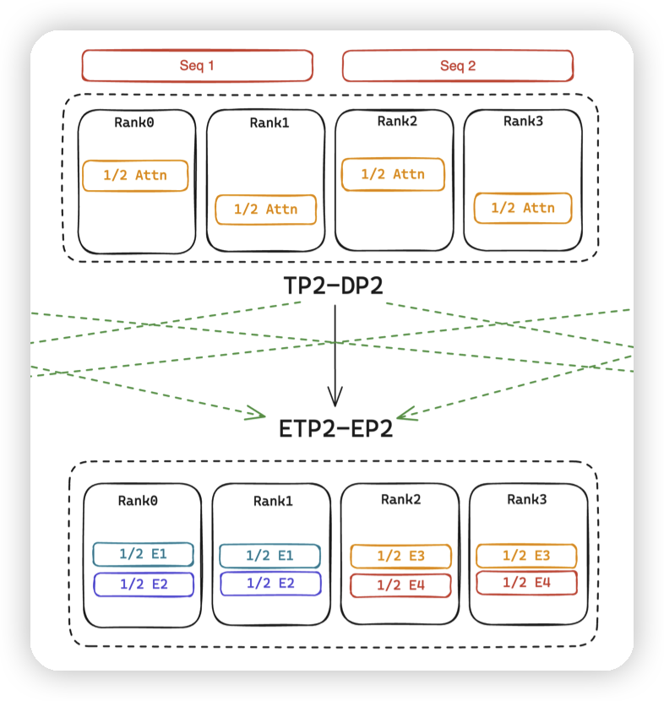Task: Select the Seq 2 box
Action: pyautogui.click(x=457, y=66)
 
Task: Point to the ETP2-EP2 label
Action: pyautogui.click(x=335, y=429)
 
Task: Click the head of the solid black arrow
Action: pyautogui.click(x=335, y=399)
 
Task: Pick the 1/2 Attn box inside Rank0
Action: pyautogui.click(x=135, y=176)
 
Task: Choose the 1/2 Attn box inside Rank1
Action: pyautogui.click(x=265, y=209)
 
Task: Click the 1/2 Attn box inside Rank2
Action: pyautogui.click(x=393, y=174)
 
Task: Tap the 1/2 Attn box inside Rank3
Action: pyautogui.click(x=522, y=208)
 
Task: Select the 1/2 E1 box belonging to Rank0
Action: pyautogui.click(x=143, y=554)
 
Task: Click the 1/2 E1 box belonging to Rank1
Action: pyautogui.click(x=269, y=555)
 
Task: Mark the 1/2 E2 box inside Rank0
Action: pyautogui.click(x=143, y=584)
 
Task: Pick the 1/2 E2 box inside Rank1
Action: pyautogui.click(x=270, y=584)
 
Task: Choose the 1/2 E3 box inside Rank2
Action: pyautogui.click(x=400, y=556)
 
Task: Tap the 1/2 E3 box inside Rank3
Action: pyautogui.click(x=526, y=555)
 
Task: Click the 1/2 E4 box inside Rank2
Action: pyautogui.click(x=400, y=584)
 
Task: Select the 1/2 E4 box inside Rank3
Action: pyautogui.click(x=526, y=583)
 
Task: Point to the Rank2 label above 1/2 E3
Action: pyautogui.click(x=400, y=499)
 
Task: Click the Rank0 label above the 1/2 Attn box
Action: pyautogui.click(x=134, y=122)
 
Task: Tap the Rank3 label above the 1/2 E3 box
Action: pyautogui.click(x=527, y=499)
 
